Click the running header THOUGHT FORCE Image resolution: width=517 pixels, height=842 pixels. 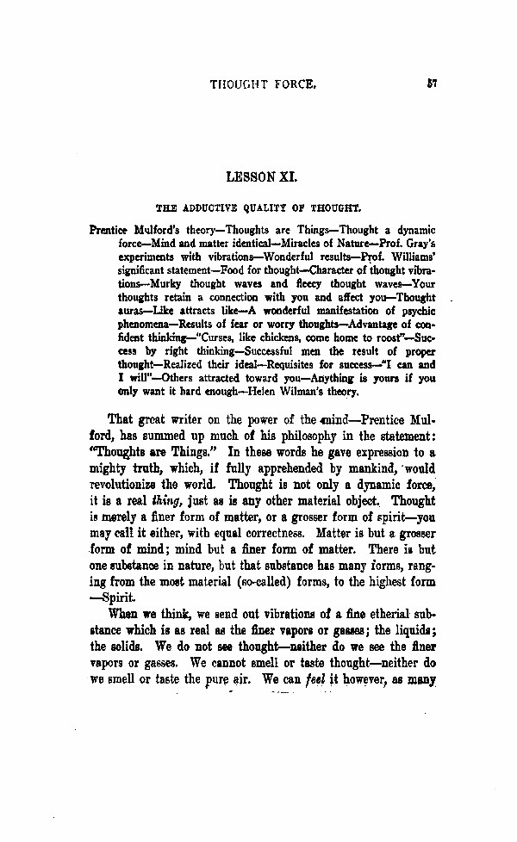pyautogui.click(x=264, y=85)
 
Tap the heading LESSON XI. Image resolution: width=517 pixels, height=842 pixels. pyautogui.click(x=261, y=176)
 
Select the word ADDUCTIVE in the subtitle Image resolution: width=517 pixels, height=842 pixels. pyautogui.click(x=206, y=207)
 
